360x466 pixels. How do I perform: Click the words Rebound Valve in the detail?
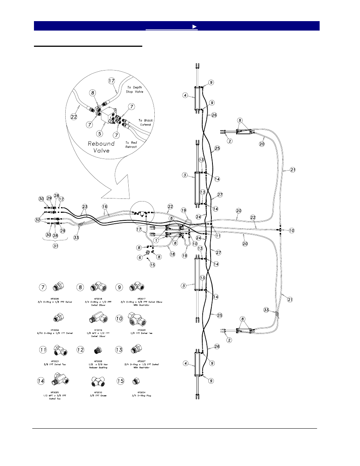pyautogui.click(x=101, y=147)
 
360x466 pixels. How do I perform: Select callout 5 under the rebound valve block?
pyautogui.click(x=100, y=133)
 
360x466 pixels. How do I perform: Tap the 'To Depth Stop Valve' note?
pyautogui.click(x=135, y=89)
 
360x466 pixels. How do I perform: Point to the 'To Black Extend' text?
pyautogui.click(x=145, y=122)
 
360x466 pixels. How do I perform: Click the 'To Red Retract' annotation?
pyautogui.click(x=131, y=145)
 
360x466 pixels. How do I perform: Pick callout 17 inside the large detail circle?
pyautogui.click(x=111, y=81)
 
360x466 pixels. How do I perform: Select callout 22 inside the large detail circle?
pyautogui.click(x=74, y=117)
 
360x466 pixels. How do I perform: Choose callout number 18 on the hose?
pyautogui.click(x=172, y=254)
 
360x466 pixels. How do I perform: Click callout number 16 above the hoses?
pyautogui.click(x=105, y=207)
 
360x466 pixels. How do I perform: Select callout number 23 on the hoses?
pyautogui.click(x=85, y=206)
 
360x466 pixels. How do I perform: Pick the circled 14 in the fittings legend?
pyautogui.click(x=41, y=381)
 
